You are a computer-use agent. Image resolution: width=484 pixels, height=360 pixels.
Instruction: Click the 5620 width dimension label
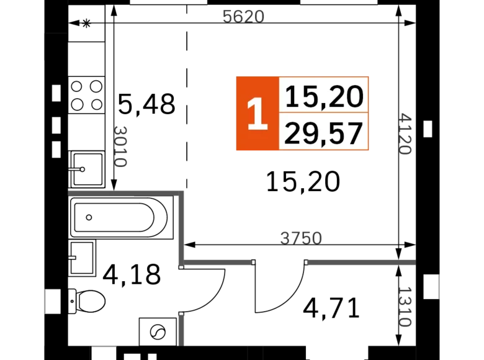[x=243, y=17]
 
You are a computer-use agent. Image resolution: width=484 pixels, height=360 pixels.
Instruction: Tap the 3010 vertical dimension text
[x=120, y=146]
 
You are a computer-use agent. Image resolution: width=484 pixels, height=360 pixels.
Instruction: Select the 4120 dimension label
[x=405, y=133]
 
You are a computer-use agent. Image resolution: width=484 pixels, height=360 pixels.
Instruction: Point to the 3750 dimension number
[x=301, y=238]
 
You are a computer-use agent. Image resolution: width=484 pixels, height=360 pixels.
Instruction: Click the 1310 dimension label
[x=405, y=307]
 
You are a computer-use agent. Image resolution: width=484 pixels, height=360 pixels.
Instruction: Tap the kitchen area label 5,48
[x=146, y=104]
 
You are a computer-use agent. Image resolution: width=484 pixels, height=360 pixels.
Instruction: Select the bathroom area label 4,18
[x=132, y=274]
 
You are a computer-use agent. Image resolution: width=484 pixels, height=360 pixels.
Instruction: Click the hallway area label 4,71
[x=331, y=308]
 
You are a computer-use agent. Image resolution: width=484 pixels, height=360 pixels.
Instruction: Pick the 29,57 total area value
[x=323, y=133]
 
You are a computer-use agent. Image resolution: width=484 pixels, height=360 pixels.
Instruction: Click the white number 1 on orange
[x=258, y=114]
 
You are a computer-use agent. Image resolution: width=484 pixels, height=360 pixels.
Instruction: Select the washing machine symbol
[x=158, y=332]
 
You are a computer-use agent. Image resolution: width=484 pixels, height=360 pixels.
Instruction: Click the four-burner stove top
[x=87, y=95]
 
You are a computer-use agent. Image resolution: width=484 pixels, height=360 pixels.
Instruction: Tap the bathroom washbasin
[x=83, y=258]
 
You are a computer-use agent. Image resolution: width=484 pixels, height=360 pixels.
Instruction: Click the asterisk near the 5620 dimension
[x=86, y=23]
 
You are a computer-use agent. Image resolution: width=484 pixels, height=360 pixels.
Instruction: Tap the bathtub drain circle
[x=89, y=217]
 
